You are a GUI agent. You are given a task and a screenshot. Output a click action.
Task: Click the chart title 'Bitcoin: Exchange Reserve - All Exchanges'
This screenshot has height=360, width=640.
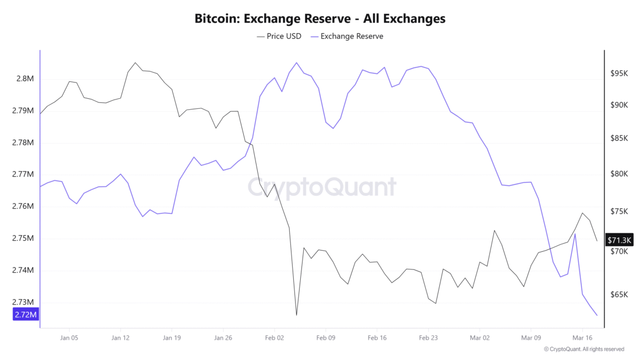click(x=320, y=19)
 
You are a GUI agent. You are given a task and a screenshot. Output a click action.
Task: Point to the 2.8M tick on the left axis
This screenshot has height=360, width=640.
click(x=24, y=79)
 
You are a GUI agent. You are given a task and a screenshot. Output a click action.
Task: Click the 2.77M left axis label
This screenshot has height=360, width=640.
click(x=23, y=174)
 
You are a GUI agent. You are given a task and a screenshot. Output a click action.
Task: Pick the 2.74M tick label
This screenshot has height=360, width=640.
click(x=23, y=270)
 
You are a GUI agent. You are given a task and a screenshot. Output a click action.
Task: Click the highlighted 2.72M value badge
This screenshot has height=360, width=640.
click(x=25, y=315)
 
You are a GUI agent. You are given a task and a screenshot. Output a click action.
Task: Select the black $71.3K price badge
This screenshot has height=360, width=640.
click(x=620, y=240)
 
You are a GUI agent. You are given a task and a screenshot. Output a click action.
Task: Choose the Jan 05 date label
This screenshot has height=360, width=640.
click(x=69, y=337)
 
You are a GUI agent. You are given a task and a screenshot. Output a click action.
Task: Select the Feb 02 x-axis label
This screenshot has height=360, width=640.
click(x=275, y=337)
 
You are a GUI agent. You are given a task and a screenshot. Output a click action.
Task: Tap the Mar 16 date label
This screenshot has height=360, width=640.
click(x=582, y=337)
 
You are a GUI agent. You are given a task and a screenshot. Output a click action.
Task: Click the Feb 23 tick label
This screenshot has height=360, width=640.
click(x=428, y=337)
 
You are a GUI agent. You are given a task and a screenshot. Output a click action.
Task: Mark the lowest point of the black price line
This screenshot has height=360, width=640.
click(x=296, y=315)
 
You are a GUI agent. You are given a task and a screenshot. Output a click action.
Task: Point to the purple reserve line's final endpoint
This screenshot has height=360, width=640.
click(x=597, y=315)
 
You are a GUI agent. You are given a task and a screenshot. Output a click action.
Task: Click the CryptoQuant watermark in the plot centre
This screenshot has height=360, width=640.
click(x=322, y=187)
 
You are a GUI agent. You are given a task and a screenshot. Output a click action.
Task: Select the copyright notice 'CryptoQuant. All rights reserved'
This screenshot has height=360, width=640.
click(x=584, y=349)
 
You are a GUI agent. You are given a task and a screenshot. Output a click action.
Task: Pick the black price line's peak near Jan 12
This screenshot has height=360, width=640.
click(x=135, y=62)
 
